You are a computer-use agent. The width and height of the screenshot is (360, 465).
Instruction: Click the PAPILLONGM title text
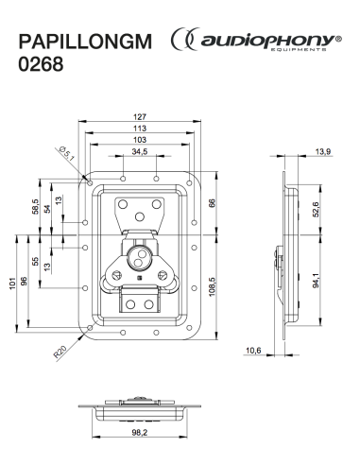(85, 42)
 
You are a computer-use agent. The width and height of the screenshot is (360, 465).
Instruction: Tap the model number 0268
(41, 64)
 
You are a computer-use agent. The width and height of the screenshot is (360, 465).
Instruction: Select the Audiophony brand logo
(256, 40)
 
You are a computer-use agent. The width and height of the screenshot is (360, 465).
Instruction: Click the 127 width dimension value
(140, 117)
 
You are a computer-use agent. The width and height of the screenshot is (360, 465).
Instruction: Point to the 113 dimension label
(140, 129)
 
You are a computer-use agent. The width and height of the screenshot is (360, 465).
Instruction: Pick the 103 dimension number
(140, 140)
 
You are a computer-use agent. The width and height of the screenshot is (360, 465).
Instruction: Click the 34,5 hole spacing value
(140, 151)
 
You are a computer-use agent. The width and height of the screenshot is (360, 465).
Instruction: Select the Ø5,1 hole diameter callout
(66, 153)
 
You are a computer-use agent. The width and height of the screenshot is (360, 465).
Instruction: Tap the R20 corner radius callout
(60, 352)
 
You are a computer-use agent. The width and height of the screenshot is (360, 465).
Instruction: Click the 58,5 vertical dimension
(35, 206)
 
